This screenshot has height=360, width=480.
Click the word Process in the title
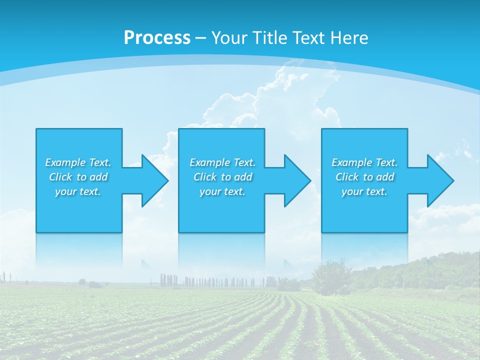click(x=157, y=38)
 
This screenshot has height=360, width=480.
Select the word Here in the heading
click(x=348, y=38)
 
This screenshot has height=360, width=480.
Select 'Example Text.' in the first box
click(x=78, y=162)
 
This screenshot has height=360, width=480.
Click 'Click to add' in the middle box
click(x=222, y=177)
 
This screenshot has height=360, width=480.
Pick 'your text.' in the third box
click(x=364, y=191)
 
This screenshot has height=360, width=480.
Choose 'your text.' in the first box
click(x=78, y=191)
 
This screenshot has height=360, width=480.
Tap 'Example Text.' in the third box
click(x=364, y=162)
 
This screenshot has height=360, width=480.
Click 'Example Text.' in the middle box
click(x=222, y=162)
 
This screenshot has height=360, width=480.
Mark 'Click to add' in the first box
click(x=78, y=177)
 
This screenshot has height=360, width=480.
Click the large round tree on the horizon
click(x=330, y=275)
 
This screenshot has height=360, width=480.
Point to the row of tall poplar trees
click(x=215, y=281)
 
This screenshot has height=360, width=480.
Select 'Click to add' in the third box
click(x=364, y=177)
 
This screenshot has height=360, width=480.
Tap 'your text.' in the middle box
click(x=222, y=191)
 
